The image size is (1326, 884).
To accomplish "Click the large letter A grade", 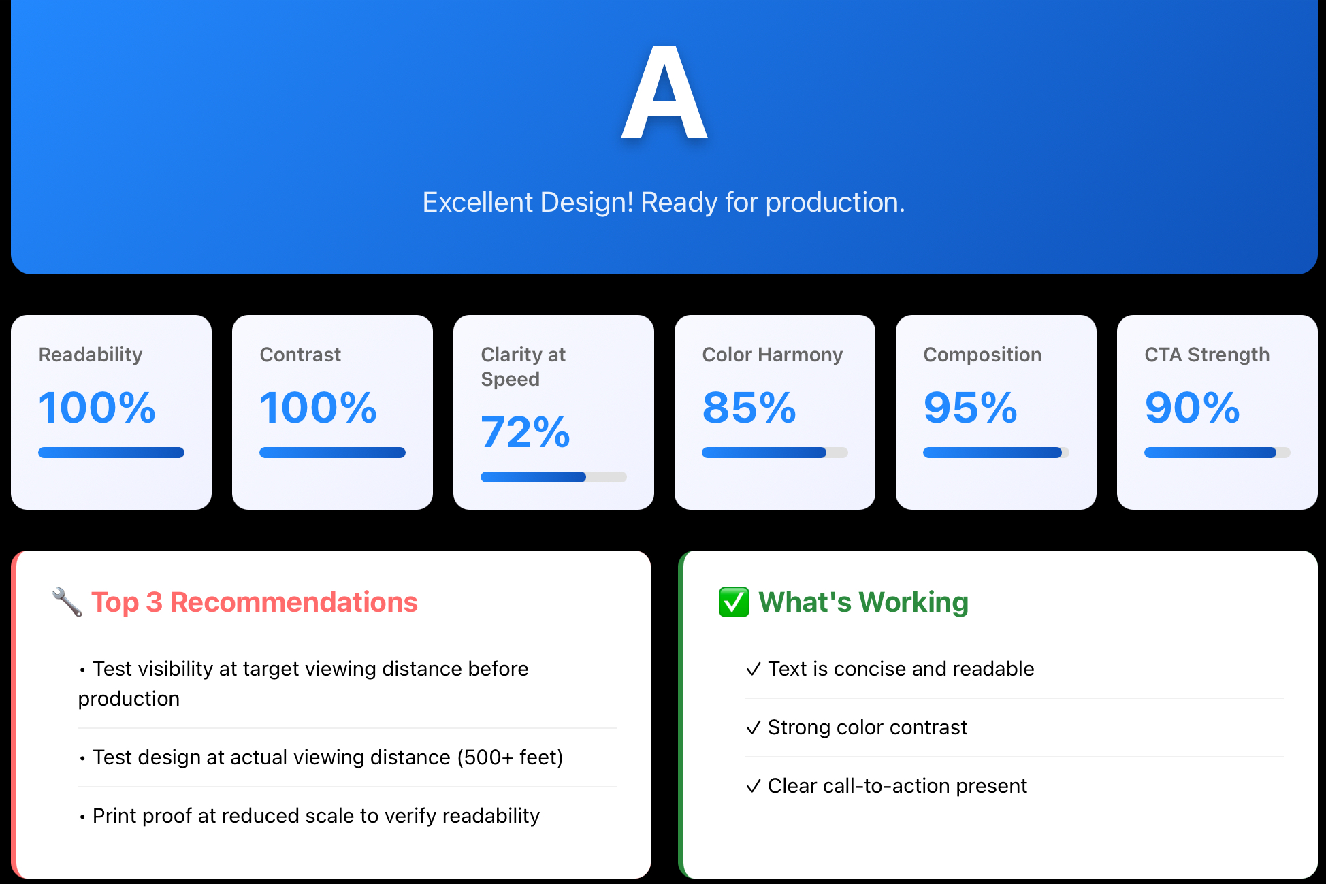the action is [664, 93].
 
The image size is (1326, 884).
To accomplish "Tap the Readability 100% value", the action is [97, 408].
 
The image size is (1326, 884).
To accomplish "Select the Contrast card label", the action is [300, 355].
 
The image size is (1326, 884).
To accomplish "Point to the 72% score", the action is [525, 432].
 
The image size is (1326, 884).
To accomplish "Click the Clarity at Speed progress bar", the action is [553, 477].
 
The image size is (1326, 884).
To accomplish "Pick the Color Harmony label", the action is [773, 355].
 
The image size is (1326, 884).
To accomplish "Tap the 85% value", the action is [749, 408].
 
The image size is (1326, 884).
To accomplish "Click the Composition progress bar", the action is [996, 453].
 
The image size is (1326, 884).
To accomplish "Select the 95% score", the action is [971, 408].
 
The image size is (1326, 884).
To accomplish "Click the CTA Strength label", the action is [1207, 355].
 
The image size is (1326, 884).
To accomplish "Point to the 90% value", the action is [1193, 408].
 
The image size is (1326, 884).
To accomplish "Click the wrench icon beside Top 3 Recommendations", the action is [67, 602].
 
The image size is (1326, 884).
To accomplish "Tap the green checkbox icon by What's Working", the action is [734, 602].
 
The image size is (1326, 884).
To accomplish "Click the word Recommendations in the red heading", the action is [293, 602].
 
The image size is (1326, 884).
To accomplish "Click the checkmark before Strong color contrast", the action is [754, 728].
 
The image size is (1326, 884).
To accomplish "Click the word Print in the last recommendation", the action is [115, 816].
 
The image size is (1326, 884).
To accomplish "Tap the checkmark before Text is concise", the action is [754, 670].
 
